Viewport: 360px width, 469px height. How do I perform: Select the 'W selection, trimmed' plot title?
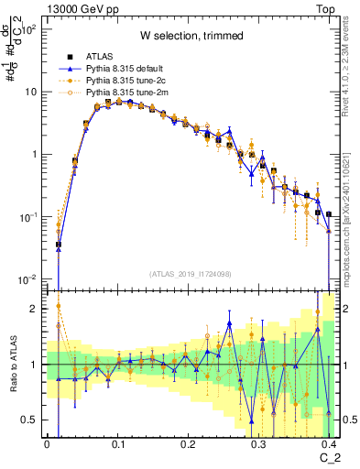[191, 35]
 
